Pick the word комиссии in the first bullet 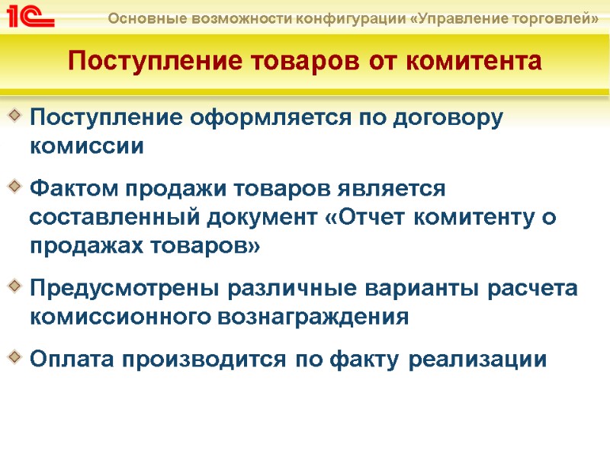[x=86, y=146]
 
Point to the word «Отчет [x=369, y=217]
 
